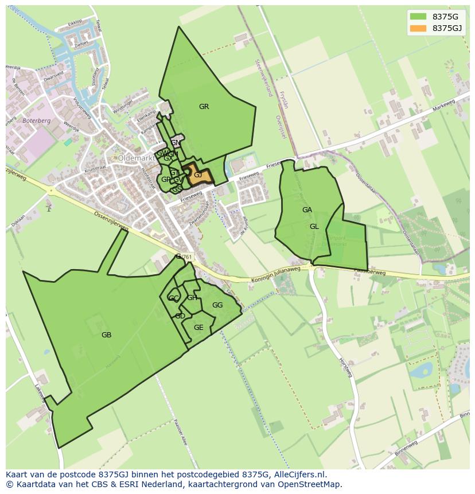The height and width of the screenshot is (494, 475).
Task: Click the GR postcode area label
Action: click(204, 107)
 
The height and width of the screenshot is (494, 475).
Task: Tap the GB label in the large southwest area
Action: click(106, 335)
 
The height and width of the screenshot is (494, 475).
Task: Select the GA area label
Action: click(307, 210)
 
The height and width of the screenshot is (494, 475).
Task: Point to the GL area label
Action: click(314, 227)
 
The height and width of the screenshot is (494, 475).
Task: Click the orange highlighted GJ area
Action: click(198, 175)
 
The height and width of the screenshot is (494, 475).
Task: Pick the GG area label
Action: click(217, 305)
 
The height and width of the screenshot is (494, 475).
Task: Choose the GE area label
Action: click(198, 328)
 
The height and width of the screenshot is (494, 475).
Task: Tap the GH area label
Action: click(192, 298)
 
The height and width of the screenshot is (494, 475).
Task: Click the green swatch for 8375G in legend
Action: click(418, 17)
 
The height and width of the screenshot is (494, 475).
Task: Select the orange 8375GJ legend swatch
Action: click(418, 28)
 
